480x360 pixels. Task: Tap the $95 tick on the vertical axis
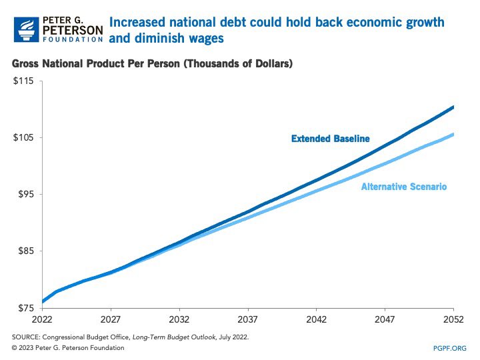(24, 195)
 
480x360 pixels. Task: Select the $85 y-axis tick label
(24, 251)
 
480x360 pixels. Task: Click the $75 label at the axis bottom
(24, 308)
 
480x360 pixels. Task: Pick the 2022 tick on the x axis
(41, 319)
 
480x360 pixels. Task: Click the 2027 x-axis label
(111, 319)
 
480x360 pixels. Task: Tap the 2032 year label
(179, 319)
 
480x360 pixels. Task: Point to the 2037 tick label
(248, 319)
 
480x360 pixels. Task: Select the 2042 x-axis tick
(317, 319)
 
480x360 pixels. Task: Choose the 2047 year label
(385, 319)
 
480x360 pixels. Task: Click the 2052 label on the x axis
(453, 319)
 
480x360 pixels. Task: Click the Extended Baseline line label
(330, 139)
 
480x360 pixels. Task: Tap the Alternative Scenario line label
(403, 187)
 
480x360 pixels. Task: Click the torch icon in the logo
(25, 27)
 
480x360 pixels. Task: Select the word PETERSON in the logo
(72, 29)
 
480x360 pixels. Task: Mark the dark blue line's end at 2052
(453, 107)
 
